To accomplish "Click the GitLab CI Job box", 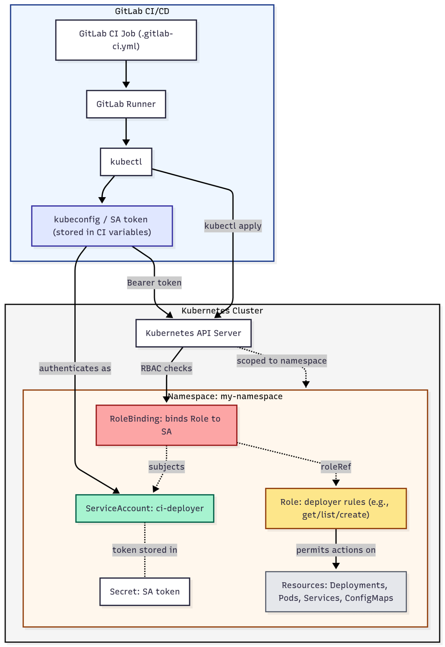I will [126, 40].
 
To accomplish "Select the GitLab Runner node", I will [126, 104].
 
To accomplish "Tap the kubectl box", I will [126, 162].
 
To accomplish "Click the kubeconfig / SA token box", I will [102, 226].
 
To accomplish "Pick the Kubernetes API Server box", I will [193, 333].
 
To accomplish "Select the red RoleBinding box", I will [166, 425].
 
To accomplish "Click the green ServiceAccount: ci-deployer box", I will [145, 508].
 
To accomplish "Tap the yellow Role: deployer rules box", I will [336, 508].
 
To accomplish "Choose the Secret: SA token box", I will [145, 592].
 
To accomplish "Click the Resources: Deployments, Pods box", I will [336, 592].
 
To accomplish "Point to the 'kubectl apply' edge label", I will [233, 226].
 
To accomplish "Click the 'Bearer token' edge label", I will [154, 282].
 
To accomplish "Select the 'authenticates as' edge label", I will [75, 368].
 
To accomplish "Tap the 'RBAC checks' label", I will [166, 368].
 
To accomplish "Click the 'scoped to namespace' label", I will [281, 361].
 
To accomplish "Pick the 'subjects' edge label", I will [166, 467].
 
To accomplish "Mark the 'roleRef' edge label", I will [336, 467].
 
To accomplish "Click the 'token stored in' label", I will [145, 550].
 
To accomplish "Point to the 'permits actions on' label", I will [336, 550].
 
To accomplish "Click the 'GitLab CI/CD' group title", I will [142, 11].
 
